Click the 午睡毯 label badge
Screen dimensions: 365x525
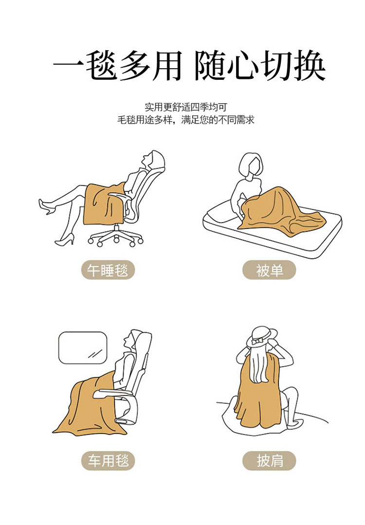point(108,270)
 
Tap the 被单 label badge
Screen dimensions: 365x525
point(269,270)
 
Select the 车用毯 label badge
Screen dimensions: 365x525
point(108,461)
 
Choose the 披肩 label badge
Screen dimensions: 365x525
point(269,461)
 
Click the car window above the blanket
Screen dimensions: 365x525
point(83,348)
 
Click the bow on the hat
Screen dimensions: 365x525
point(257,341)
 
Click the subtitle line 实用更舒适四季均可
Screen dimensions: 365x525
point(186,107)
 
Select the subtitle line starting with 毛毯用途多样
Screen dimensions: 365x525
point(186,119)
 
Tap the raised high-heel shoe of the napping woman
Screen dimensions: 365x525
point(47,206)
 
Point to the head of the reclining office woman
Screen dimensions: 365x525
point(152,160)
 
